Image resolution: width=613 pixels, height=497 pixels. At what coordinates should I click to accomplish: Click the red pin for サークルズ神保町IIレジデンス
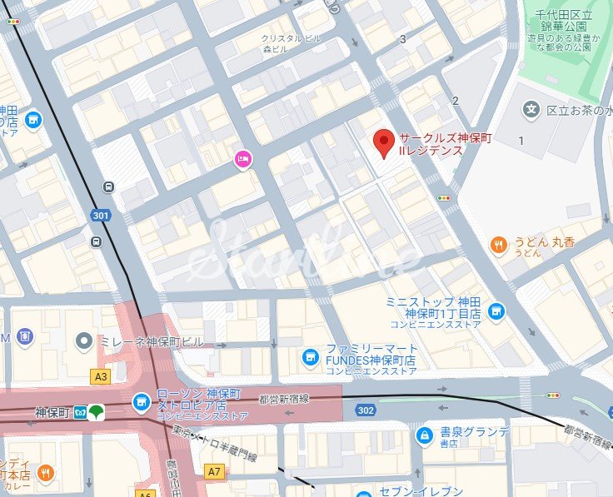point(382,142)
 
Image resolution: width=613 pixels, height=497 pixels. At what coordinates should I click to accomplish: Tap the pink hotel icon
point(242,158)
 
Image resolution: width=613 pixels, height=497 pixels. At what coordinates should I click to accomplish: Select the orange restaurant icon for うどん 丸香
point(498,244)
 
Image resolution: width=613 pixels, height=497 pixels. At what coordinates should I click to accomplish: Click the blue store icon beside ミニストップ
point(496,311)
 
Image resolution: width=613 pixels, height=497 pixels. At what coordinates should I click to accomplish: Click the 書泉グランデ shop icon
point(425,434)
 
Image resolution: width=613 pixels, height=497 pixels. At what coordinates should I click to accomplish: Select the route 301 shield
point(100,216)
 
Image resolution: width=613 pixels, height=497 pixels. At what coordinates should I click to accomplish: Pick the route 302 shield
point(365,410)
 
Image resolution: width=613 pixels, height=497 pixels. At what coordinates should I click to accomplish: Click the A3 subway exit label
point(101,376)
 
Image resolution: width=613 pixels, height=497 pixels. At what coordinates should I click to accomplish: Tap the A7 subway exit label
point(215,472)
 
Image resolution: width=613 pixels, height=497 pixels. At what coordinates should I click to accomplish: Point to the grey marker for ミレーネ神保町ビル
point(83,340)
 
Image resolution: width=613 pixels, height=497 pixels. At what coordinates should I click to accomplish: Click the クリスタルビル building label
point(292,39)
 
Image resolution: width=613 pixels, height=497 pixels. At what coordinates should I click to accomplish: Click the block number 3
point(403,38)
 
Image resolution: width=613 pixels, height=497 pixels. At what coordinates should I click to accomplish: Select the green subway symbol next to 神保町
point(97,411)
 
